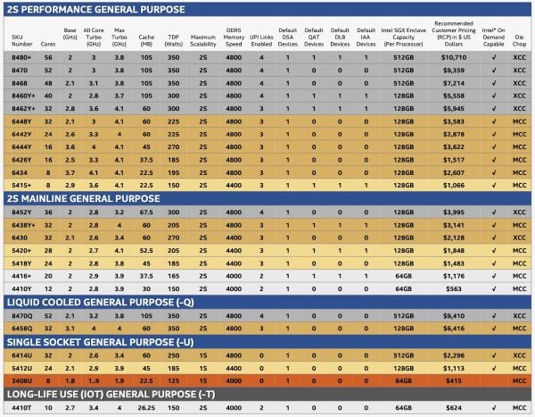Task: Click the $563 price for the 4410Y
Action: point(451,288)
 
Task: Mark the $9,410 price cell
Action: point(451,315)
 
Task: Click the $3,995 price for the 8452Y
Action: point(451,213)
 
